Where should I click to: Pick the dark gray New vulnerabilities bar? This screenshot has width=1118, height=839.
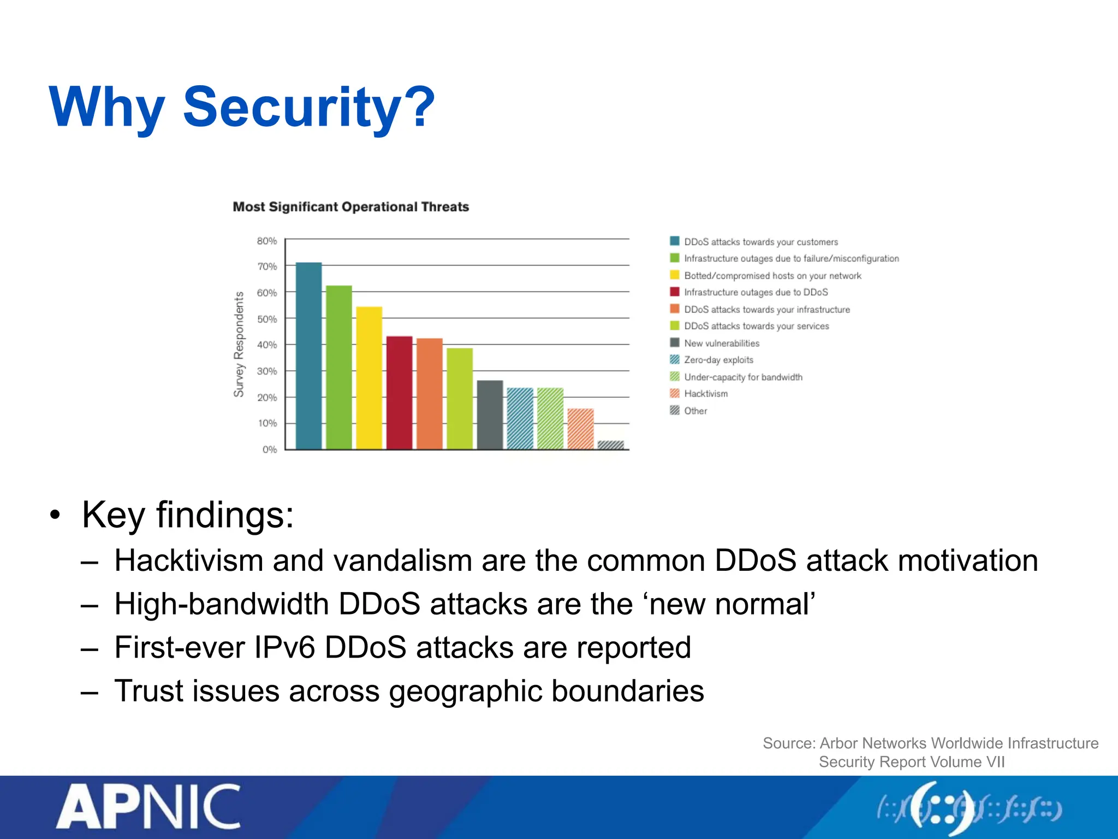tap(490, 415)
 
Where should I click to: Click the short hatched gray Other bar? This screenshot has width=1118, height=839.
tap(610, 445)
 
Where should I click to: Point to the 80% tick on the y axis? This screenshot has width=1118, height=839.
tap(267, 241)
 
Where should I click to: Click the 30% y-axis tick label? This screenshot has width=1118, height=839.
tap(267, 371)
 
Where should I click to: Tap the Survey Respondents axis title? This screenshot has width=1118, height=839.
tap(239, 344)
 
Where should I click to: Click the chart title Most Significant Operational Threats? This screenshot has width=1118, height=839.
tap(350, 207)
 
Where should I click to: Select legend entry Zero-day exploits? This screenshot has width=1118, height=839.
tap(718, 360)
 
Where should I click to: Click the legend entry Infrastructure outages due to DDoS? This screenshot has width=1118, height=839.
tap(756, 292)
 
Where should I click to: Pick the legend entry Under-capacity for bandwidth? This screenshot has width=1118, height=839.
tap(743, 377)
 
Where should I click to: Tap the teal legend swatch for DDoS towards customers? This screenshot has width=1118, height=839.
tap(675, 241)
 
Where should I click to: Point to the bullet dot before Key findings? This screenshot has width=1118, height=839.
tap(55, 515)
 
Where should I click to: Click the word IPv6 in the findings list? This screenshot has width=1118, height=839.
tap(284, 648)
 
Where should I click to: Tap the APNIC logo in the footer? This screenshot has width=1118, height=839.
tap(148, 807)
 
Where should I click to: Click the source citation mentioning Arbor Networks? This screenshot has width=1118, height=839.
tap(930, 752)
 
